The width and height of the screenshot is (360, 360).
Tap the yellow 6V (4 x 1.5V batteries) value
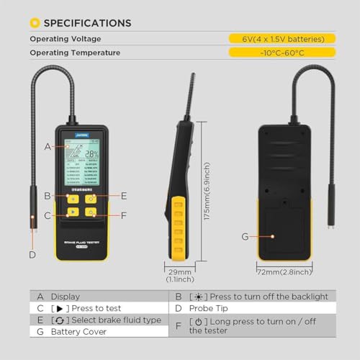pos(282,38)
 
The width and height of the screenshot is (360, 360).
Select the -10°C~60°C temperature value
pos(282,53)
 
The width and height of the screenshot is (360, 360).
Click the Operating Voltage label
pos(66,38)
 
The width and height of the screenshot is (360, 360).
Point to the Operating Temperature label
pos(76,53)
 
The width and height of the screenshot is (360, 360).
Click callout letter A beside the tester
pos(48,146)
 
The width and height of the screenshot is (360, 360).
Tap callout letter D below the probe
pos(32,253)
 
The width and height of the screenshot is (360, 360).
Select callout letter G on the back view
pos(245,235)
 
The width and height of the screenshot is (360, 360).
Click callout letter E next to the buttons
pos(124,195)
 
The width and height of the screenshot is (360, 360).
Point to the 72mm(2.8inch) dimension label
pos(284,272)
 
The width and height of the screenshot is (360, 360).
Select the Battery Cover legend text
pos(80,332)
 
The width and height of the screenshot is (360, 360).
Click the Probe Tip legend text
pos(209,307)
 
